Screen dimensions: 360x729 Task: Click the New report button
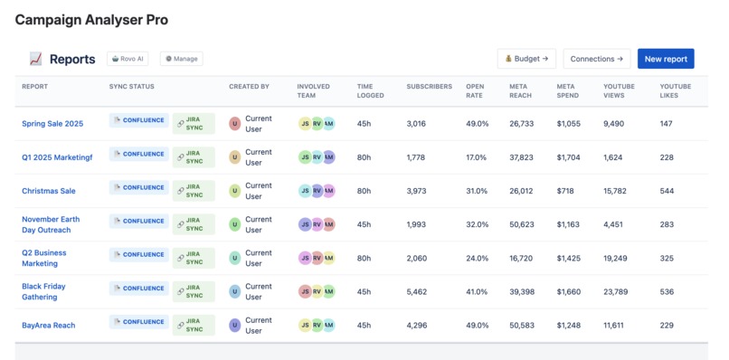(666, 59)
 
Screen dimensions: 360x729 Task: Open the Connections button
(596, 59)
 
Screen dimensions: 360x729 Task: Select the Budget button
(526, 59)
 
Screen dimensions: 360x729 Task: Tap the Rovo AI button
(128, 59)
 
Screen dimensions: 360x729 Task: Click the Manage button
(182, 59)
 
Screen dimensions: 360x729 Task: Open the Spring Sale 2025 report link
(52, 124)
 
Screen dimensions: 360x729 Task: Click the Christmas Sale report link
(49, 191)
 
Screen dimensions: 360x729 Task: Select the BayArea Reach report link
(49, 326)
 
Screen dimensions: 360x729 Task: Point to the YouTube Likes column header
(675, 91)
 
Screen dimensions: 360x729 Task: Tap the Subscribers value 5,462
(416, 292)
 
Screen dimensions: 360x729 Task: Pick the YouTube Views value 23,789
(615, 292)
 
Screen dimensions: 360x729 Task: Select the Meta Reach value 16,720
(521, 259)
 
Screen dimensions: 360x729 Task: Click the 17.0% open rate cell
(477, 157)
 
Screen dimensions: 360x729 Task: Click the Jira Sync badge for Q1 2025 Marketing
(194, 157)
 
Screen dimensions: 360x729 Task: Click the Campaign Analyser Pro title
(91, 20)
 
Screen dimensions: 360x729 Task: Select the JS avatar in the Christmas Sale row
(305, 191)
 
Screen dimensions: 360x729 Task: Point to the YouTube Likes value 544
(667, 191)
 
